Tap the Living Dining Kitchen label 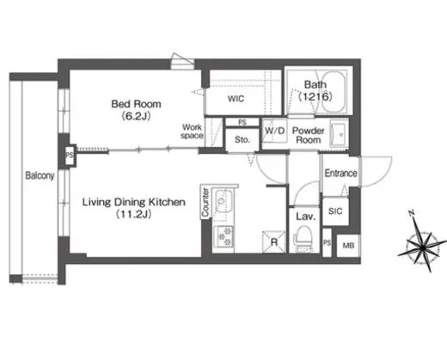tap(133, 203)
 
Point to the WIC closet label tap(236, 100)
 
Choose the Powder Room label tap(307, 136)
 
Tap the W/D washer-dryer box tap(275, 131)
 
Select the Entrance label tap(340, 174)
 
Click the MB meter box tap(348, 246)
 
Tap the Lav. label tap(304, 217)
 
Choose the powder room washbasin tap(335, 135)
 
